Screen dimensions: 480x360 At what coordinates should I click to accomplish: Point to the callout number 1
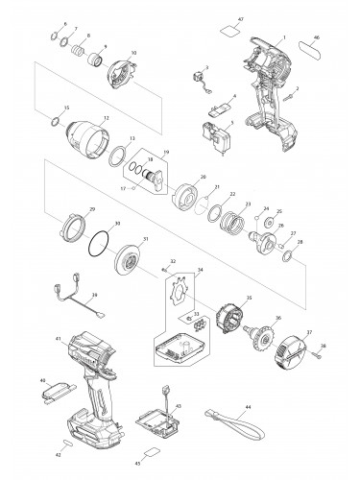[x=284, y=36]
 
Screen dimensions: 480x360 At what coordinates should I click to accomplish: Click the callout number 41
[x=59, y=339]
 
